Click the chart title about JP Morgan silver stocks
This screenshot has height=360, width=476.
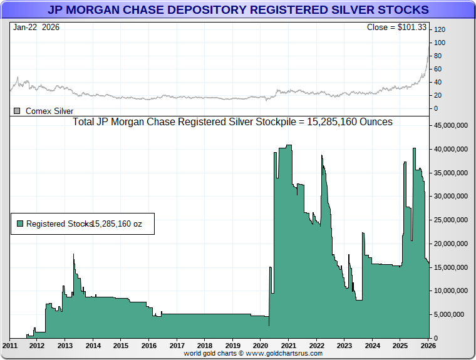tap(238, 10)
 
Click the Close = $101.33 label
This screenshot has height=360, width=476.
tap(397, 28)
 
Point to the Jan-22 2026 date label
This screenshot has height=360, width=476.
tap(36, 28)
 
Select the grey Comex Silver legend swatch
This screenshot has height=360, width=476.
tap(18, 111)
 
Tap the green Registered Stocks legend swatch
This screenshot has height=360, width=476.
tap(20, 224)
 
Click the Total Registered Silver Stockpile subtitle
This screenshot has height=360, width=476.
tap(233, 122)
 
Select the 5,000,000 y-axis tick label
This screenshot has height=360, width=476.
tap(452, 314)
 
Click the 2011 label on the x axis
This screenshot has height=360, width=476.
tap(10, 346)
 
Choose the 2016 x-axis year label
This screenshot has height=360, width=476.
tap(149, 346)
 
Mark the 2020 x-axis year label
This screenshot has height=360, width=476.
tap(261, 346)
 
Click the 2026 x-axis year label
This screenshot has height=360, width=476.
tap(428, 346)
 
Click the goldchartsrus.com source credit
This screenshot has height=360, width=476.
tap(253, 354)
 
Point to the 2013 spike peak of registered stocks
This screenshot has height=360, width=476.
tap(73, 254)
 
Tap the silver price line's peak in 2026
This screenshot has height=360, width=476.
tap(429, 43)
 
